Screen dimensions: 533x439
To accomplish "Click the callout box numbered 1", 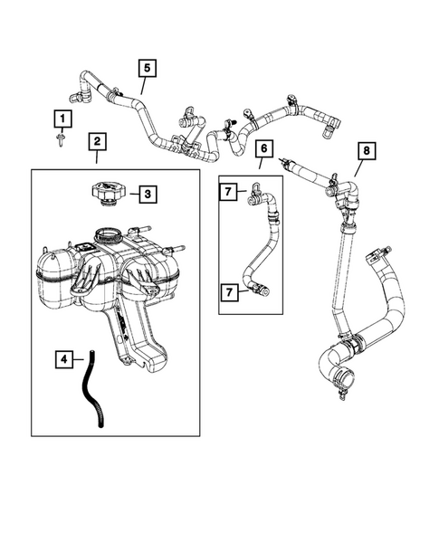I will click(62, 119).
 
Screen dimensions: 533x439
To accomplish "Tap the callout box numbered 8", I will click(365, 151).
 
